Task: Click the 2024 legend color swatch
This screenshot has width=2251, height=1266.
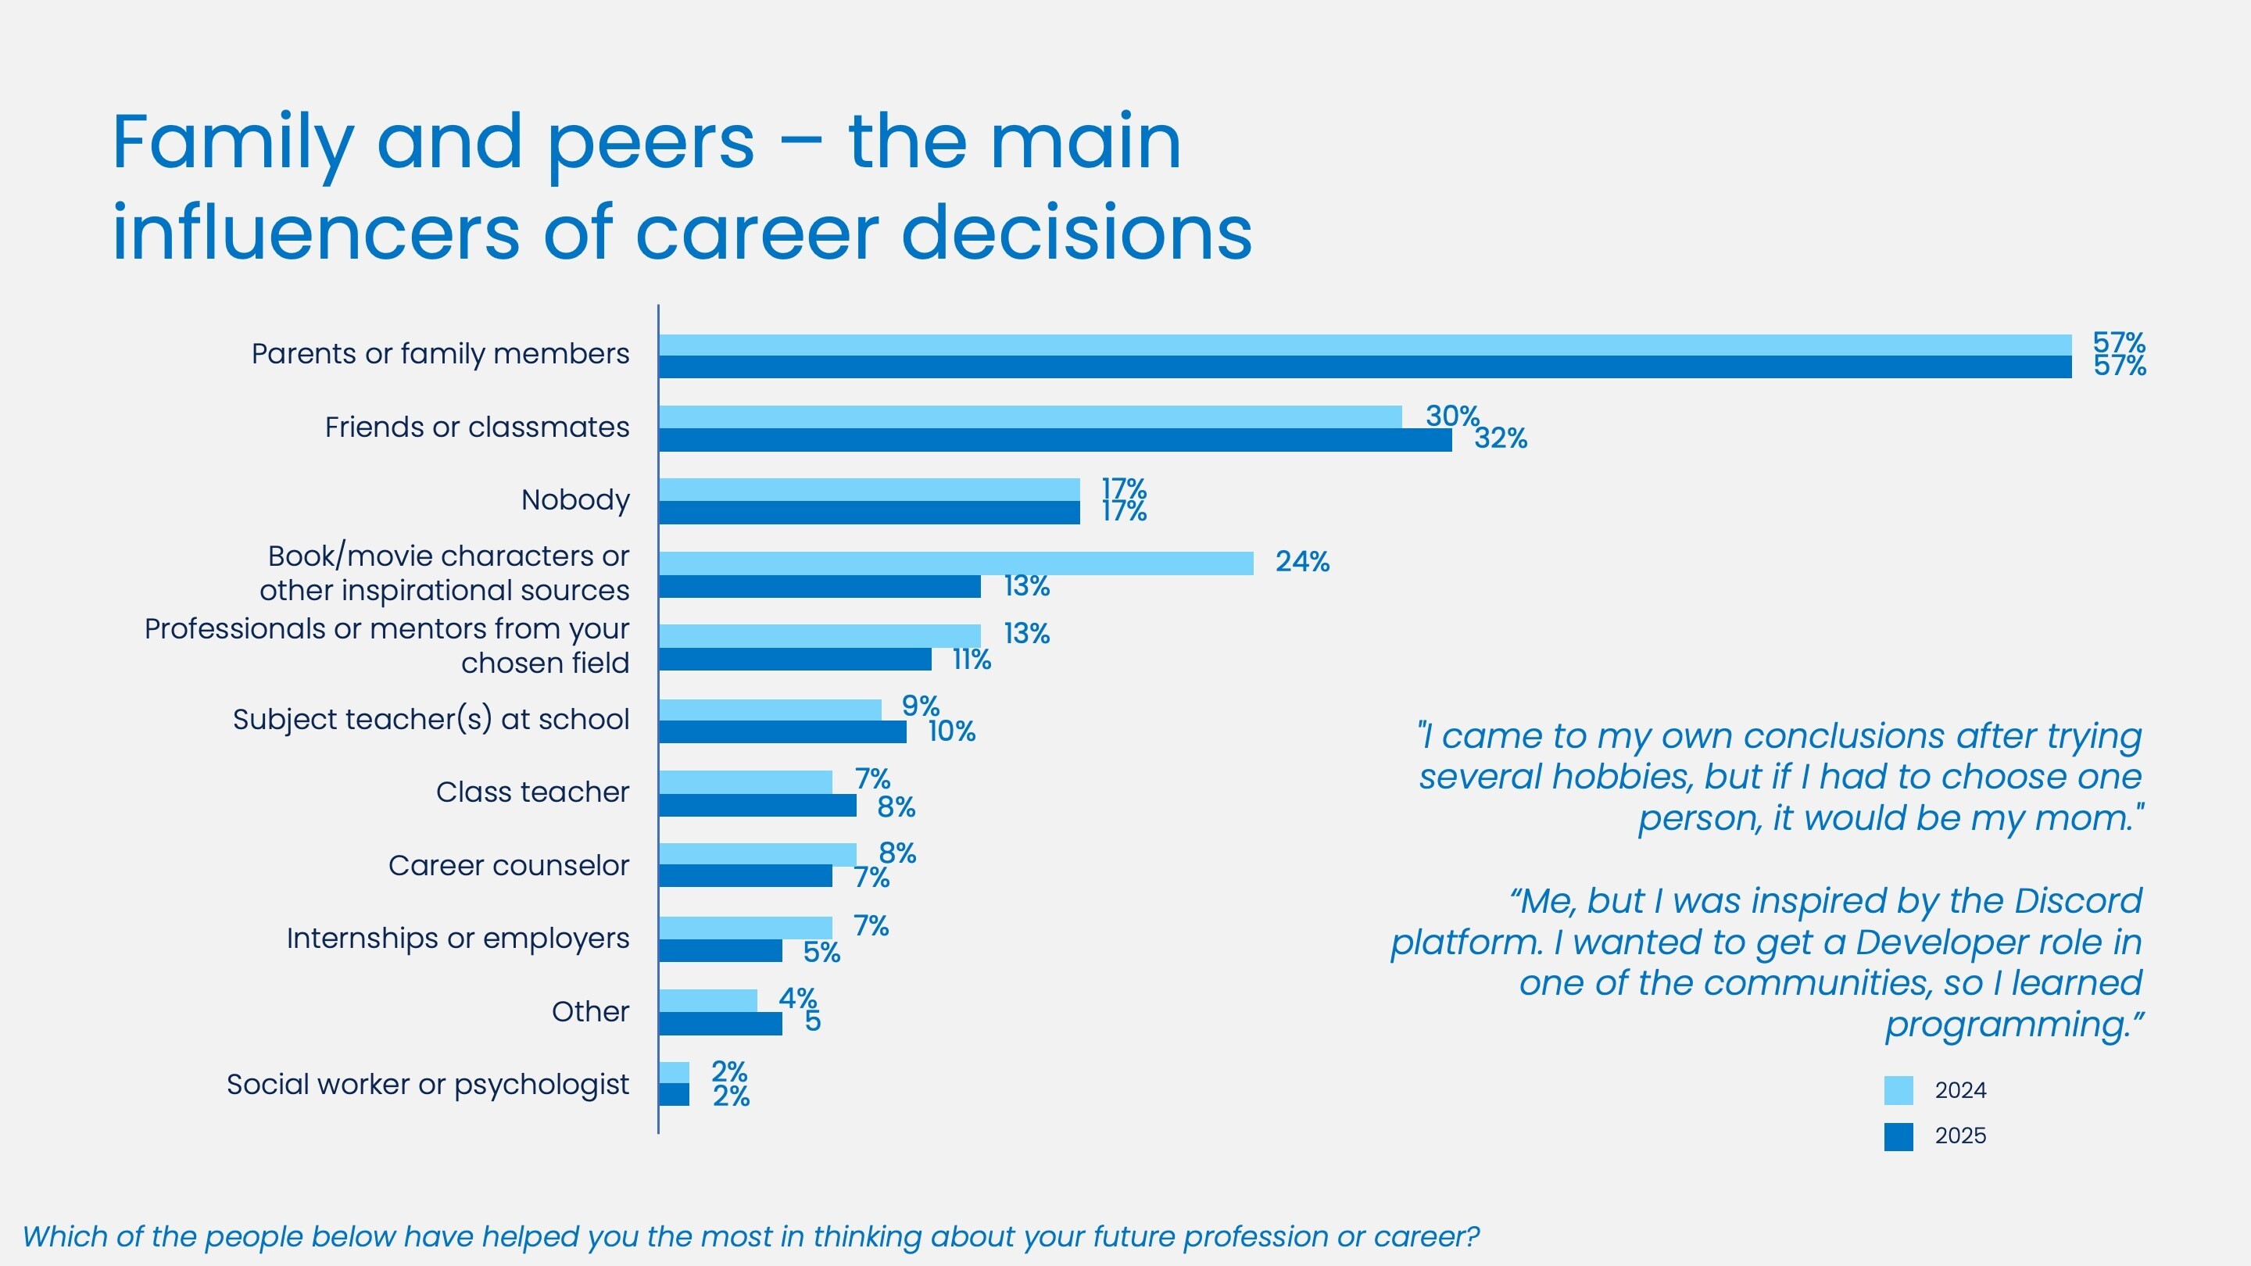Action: (1898, 1090)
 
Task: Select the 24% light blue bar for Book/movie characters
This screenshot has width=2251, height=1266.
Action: (955, 563)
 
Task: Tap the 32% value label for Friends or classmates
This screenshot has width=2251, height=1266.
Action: (1501, 438)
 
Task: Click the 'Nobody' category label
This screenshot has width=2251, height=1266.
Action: (575, 500)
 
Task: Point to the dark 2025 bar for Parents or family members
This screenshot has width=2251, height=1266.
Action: (1364, 367)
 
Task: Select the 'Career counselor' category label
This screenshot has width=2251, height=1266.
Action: (509, 865)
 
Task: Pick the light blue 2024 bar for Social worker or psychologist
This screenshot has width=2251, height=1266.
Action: (674, 1073)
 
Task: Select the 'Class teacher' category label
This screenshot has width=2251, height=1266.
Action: (532, 792)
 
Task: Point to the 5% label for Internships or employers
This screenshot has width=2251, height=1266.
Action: (821, 953)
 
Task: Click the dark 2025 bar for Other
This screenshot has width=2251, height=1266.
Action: (720, 1024)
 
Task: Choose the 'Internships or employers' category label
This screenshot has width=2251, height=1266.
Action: (458, 939)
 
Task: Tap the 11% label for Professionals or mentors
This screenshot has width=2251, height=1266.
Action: (971, 660)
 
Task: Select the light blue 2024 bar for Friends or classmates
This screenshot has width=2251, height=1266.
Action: (1029, 417)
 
